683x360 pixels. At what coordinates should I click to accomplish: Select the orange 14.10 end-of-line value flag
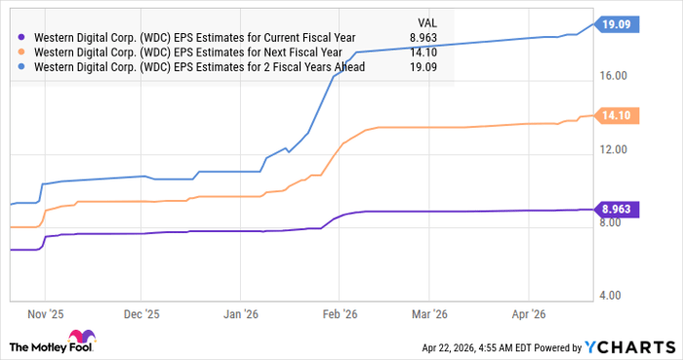click(x=617, y=115)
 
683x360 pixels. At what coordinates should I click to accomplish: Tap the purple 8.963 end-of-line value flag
click(x=617, y=209)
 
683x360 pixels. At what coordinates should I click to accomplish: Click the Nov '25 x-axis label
click(x=45, y=315)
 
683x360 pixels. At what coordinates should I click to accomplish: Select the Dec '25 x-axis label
click(x=141, y=315)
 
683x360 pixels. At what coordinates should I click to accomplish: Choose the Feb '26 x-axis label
click(x=339, y=315)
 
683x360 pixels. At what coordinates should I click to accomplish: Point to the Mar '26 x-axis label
click(x=429, y=315)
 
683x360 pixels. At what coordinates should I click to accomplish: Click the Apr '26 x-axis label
click(x=527, y=315)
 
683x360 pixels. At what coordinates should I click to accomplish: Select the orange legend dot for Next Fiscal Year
click(x=22, y=53)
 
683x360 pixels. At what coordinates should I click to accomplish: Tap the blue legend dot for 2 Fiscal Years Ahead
click(x=22, y=67)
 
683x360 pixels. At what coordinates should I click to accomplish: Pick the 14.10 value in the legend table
click(x=425, y=53)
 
